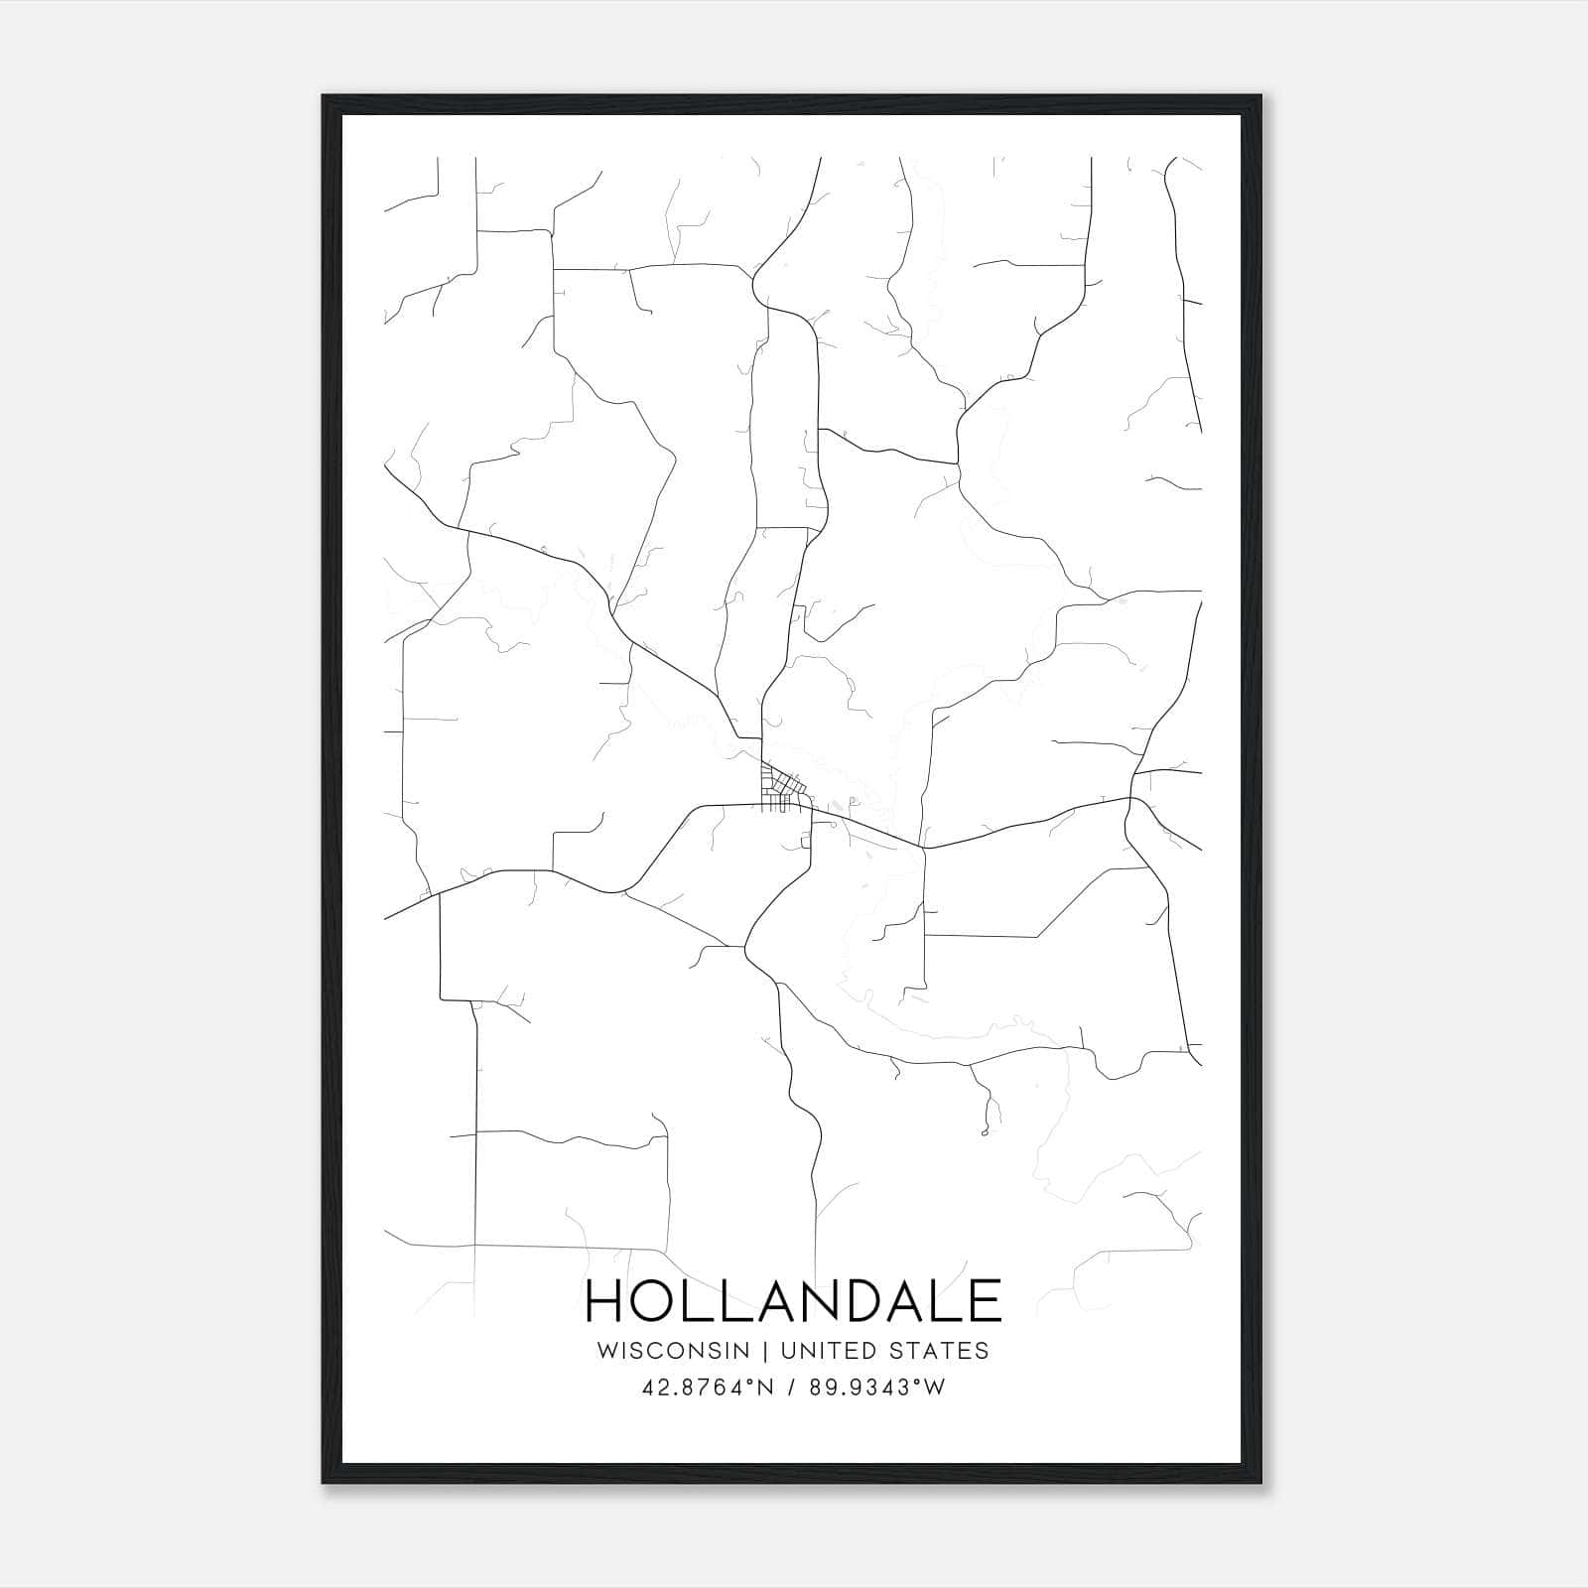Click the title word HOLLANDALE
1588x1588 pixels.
point(794,1300)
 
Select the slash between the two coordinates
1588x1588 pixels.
point(789,1388)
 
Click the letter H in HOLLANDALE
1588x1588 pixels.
point(604,1300)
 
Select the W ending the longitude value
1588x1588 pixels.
point(936,1388)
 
